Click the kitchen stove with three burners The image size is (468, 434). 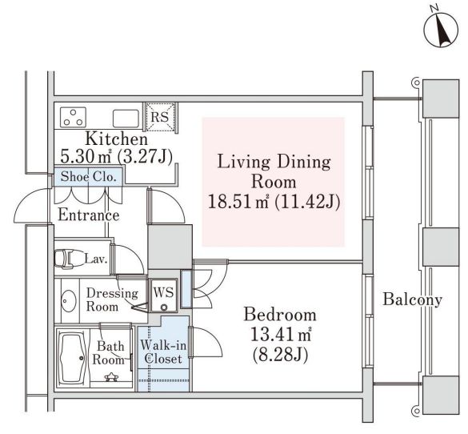click(x=73, y=118)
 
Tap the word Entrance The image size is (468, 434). click(x=88, y=215)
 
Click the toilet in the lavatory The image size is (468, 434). click(x=68, y=259)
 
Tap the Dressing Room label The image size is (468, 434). click(x=113, y=299)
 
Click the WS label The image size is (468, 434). click(x=165, y=290)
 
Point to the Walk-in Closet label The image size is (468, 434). click(x=164, y=352)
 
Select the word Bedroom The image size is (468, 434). click(x=280, y=314)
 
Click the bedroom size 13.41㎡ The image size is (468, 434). click(x=280, y=333)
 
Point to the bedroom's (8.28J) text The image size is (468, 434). click(x=280, y=352)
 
